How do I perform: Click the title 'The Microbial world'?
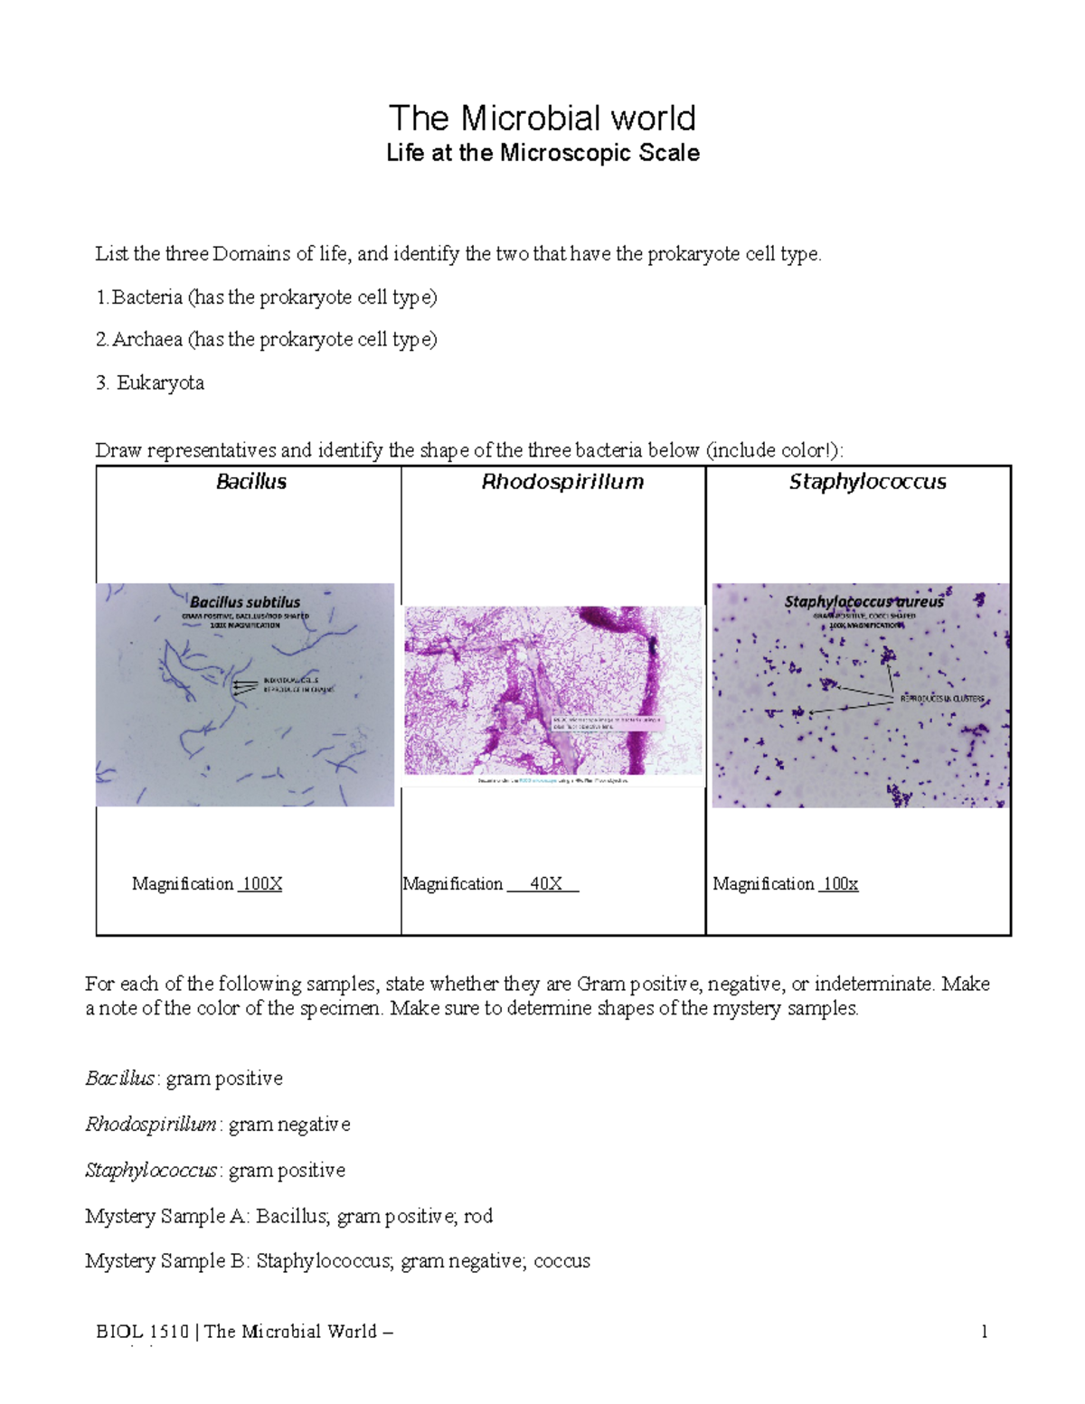542,118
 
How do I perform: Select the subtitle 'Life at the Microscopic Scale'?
542,153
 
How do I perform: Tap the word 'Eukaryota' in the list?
160,383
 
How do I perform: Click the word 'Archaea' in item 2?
147,340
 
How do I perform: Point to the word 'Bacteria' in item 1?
147,297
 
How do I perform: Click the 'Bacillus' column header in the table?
251,482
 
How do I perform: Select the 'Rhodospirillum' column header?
562,482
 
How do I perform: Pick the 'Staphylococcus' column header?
867,482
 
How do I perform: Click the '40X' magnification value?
545,884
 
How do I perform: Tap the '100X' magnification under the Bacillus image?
262,884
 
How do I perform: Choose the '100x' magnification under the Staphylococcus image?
840,884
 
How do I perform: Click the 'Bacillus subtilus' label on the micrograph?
245,602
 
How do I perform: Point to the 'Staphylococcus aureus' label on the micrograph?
863,602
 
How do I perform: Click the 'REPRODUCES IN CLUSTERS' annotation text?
941,699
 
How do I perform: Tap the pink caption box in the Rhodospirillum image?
607,723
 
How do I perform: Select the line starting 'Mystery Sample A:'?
288,1216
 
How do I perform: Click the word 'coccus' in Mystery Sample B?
561,1261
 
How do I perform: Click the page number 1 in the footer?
984,1332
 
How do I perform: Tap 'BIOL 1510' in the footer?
143,1332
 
